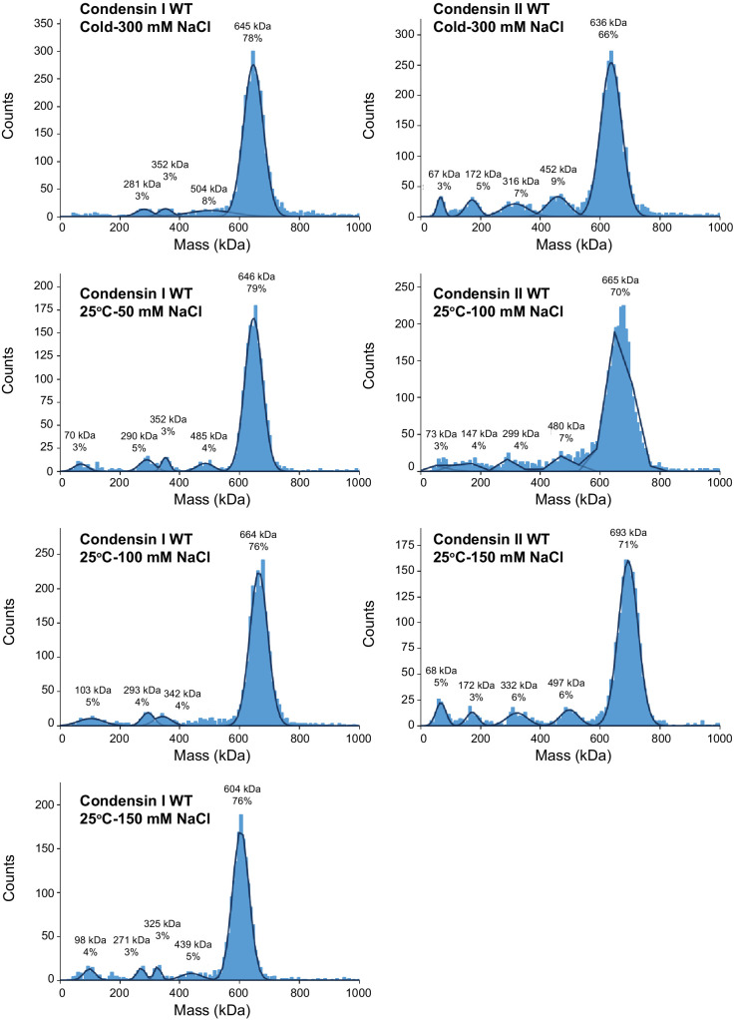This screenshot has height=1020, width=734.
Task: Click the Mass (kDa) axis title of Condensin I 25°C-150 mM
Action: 209,1010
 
